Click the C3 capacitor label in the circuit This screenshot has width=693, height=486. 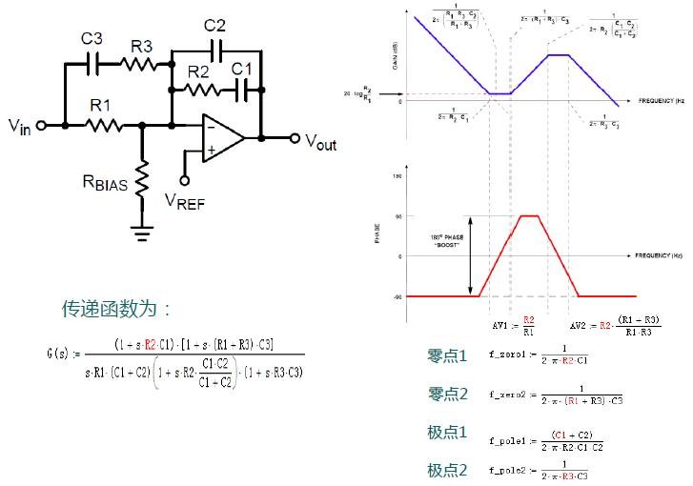[92, 39]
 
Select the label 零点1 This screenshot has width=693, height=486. [448, 356]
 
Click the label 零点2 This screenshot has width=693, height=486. [448, 395]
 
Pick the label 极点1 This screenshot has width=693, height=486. [448, 434]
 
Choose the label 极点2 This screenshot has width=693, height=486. [448, 470]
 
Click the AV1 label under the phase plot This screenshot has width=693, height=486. [502, 325]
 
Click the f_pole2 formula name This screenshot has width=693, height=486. [509, 470]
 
